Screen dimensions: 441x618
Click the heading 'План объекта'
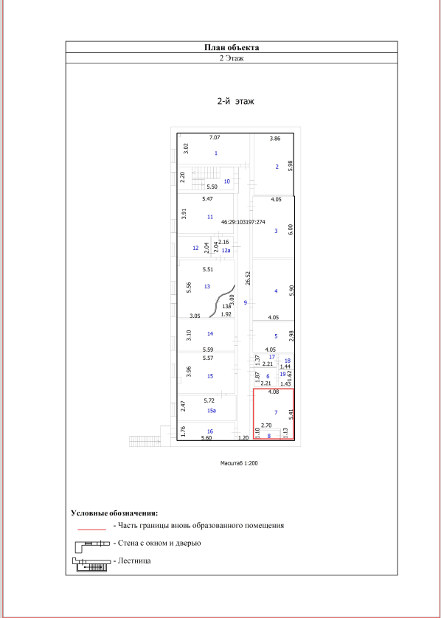tap(232, 48)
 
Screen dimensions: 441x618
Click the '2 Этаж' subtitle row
tap(232, 58)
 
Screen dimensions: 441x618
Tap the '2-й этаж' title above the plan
tap(236, 101)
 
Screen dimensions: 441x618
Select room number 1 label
tap(215, 153)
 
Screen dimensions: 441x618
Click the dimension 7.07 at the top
tap(215, 138)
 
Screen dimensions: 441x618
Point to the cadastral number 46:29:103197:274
tap(243, 222)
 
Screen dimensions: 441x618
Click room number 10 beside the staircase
tap(226, 181)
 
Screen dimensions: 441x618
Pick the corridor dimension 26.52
tap(248, 278)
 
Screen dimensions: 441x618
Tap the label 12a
tap(226, 250)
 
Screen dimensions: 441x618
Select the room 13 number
tap(207, 286)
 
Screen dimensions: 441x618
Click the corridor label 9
tap(245, 302)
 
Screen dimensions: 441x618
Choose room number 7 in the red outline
tap(276, 412)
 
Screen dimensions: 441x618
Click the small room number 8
tap(269, 436)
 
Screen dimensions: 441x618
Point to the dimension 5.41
tap(291, 414)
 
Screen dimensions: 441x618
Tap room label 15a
tap(212, 411)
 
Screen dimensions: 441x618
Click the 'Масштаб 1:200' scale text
tap(239, 463)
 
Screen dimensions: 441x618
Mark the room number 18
tap(288, 361)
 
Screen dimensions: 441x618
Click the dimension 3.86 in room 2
tap(274, 139)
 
